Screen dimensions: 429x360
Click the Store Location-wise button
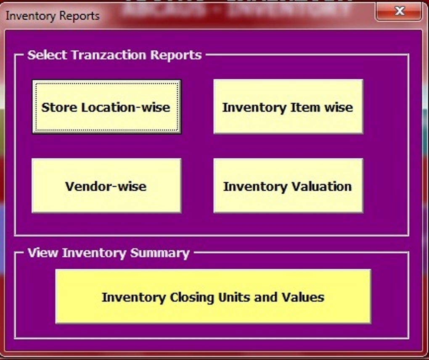[106, 107]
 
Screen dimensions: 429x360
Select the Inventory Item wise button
[289, 107]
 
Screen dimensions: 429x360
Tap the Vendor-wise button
[106, 186]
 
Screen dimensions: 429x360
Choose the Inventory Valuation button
[289, 186]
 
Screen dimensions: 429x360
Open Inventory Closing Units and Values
[213, 296]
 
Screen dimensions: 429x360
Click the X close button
[399, 11]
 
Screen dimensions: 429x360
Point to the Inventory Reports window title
[53, 16]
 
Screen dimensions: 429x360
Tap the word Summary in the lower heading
[160, 253]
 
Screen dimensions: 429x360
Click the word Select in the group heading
[48, 55]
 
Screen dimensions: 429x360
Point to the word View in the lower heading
[43, 253]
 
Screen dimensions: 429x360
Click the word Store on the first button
[59, 107]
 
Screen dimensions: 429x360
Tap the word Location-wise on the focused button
[126, 107]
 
